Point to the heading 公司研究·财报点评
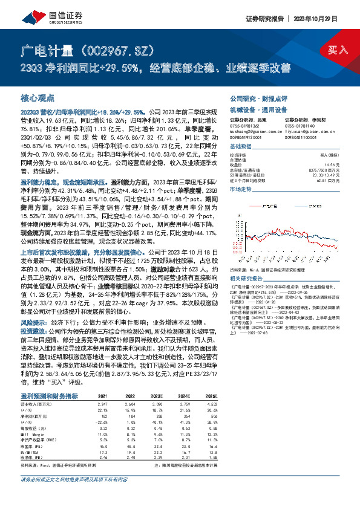tap(257, 98)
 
